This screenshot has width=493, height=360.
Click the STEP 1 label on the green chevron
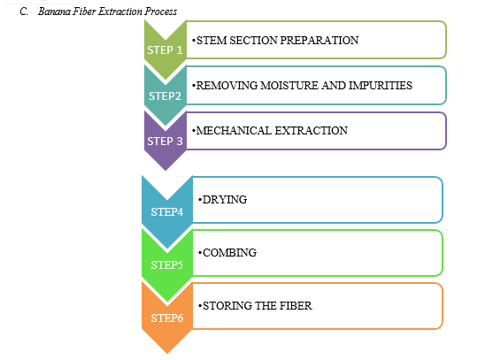(165, 50)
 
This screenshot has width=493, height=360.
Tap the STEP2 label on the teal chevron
(165, 96)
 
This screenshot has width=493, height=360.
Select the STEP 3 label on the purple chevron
(165, 142)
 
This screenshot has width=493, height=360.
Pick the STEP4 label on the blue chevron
(167, 212)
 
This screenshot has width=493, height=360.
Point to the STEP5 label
(167, 265)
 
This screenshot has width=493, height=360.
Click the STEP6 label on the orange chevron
(167, 318)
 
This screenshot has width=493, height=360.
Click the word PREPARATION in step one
(319, 41)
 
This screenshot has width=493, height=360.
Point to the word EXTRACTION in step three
(312, 131)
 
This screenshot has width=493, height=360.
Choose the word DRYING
(225, 200)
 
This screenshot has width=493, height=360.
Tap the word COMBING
(229, 253)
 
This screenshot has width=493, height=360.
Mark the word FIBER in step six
(296, 306)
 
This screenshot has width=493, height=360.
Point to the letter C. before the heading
(24, 11)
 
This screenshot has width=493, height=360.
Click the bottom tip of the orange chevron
(167, 354)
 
